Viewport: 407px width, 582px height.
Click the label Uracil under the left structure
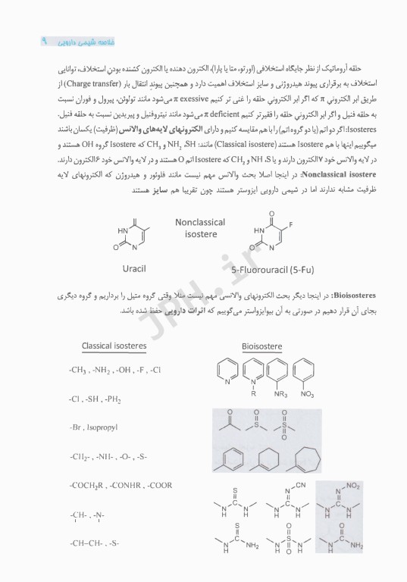pos(138,268)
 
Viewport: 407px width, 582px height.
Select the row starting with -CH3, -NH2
pos(114,370)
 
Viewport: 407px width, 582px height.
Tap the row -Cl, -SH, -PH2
pos(94,399)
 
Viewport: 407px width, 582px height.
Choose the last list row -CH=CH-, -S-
pos(93,543)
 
